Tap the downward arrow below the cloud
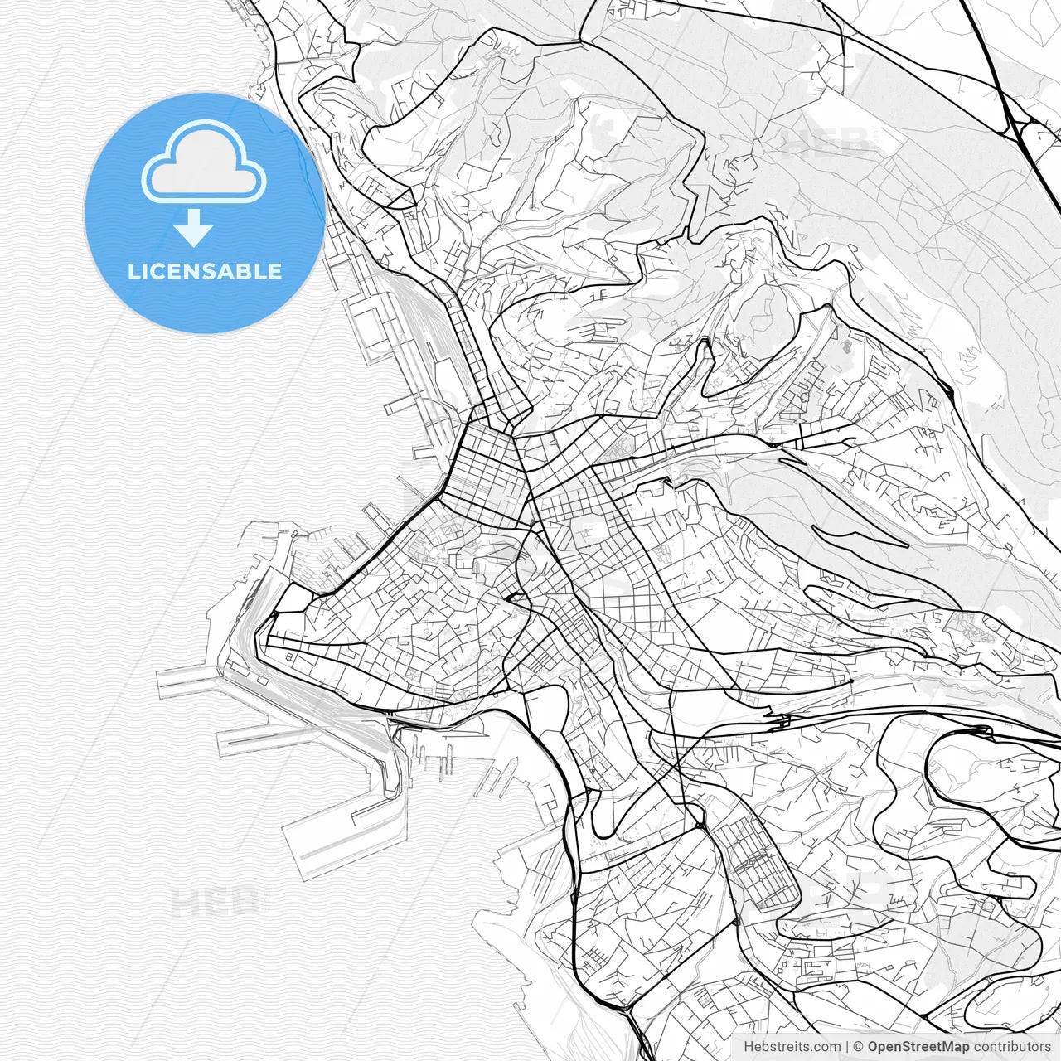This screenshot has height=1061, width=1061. pyautogui.click(x=193, y=228)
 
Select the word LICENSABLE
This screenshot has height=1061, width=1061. pyautogui.click(x=205, y=271)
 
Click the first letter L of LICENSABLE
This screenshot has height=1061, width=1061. pyautogui.click(x=133, y=271)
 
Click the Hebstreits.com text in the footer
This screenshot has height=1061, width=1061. pyautogui.click(x=792, y=1047)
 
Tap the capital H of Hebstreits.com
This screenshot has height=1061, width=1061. pyautogui.click(x=749, y=1047)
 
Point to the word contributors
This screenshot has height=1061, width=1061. pyautogui.click(x=1011, y=1047)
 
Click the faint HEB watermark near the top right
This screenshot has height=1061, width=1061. pyautogui.click(x=825, y=143)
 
